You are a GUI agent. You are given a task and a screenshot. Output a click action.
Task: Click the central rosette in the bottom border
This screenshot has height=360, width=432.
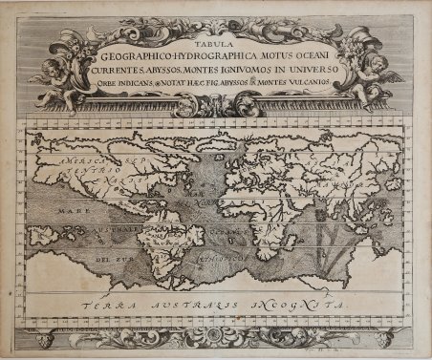pos(216,338)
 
